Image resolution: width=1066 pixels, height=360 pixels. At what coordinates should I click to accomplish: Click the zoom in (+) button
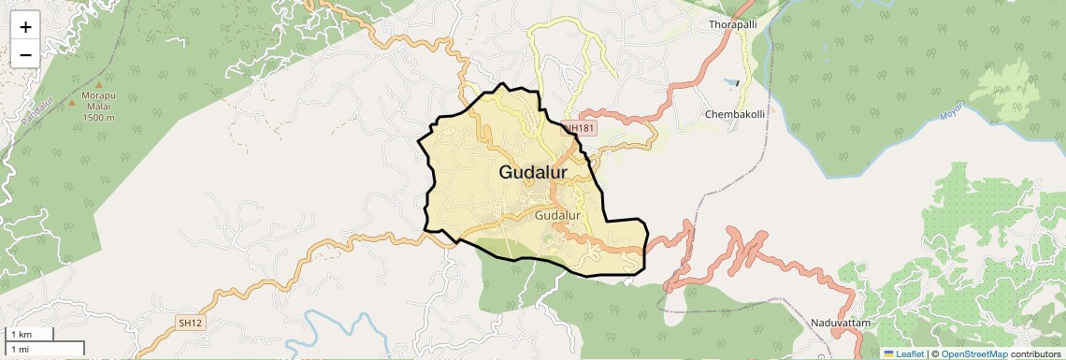coord(25,28)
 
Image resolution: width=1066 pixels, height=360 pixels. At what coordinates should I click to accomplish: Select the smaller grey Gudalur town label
coord(557,216)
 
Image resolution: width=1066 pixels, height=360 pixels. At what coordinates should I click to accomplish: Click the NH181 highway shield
coord(579,128)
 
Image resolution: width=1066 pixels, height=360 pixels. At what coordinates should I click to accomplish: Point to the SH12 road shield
coord(190,323)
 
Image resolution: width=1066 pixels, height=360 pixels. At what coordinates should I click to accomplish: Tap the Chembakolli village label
coord(734,114)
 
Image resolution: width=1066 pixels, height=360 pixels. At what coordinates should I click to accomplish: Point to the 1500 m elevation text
coord(98,118)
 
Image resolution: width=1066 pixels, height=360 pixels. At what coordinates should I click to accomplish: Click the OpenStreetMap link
coord(973,353)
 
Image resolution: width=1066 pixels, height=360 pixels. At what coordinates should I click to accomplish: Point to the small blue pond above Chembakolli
coord(737,83)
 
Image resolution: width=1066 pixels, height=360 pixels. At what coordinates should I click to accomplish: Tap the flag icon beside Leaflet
coord(888,353)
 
